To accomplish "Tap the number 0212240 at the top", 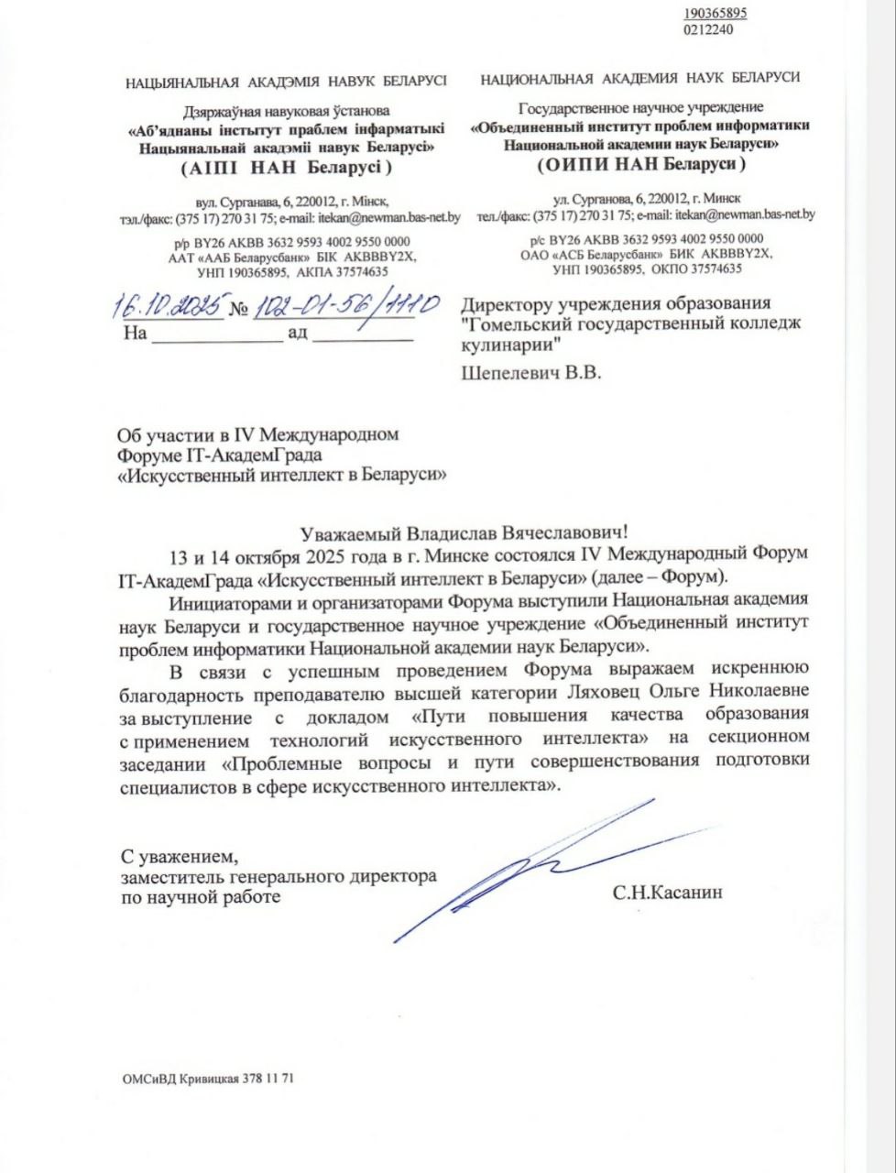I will pyautogui.click(x=708, y=29).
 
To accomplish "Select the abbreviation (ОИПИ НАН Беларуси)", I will pyautogui.click(x=639, y=164).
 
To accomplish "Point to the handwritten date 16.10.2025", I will pyautogui.click(x=168, y=306).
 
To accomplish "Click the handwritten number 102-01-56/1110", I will pyautogui.click(x=346, y=304).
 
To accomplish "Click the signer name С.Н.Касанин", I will pyautogui.click(x=668, y=891).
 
